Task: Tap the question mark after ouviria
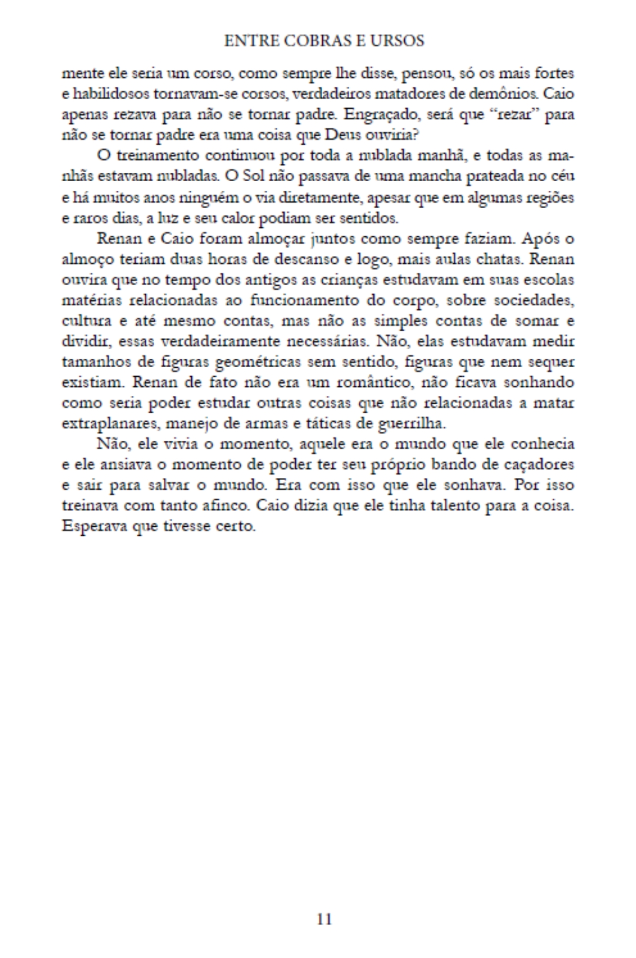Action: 417,135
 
